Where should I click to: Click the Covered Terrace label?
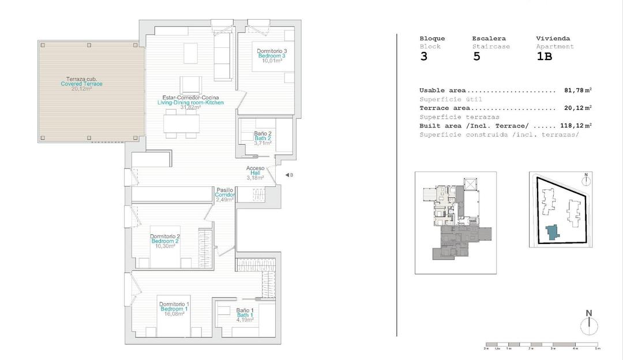point(81,84)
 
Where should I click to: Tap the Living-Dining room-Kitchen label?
point(190,103)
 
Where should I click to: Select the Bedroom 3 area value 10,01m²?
point(272,60)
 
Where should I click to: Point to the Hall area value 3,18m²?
point(255,178)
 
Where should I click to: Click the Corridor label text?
point(225,195)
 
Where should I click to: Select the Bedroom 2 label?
point(166,241)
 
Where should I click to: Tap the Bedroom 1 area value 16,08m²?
point(172,314)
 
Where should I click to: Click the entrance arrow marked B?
point(288,175)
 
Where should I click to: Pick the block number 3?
point(424,57)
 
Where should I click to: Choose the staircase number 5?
point(476,57)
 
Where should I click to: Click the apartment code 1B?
point(545,57)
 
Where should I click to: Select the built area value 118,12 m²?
point(576,125)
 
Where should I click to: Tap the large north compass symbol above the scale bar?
point(589,325)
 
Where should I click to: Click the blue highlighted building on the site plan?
point(552,232)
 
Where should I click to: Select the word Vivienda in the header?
point(553,39)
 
